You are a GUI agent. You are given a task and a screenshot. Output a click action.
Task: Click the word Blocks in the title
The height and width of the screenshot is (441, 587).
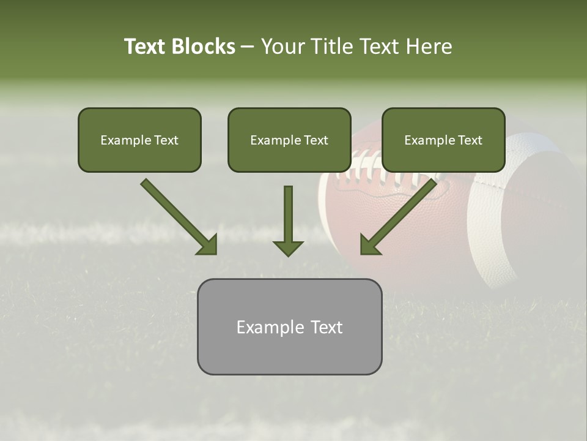coord(203,47)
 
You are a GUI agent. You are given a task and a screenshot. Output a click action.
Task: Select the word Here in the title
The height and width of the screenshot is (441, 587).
coord(430,47)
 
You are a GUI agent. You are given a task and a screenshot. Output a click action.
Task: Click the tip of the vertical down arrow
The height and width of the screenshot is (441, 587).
coord(288,254)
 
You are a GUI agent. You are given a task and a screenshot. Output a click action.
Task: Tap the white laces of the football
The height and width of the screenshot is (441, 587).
coord(373,175)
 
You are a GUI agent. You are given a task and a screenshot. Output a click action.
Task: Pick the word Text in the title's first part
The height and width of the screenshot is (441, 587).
coord(147,47)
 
